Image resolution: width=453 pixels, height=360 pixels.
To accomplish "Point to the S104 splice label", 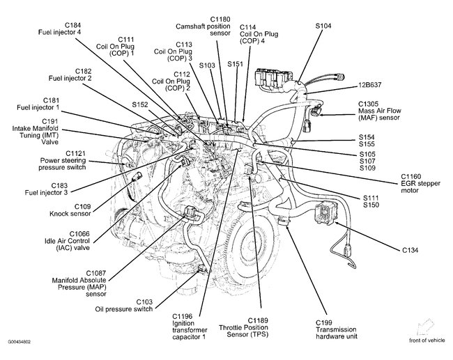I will [x=323, y=26].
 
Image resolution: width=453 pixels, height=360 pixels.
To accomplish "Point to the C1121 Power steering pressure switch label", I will [x=57, y=163].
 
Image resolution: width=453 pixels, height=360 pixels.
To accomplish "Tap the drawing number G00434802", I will [x=22, y=343].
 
